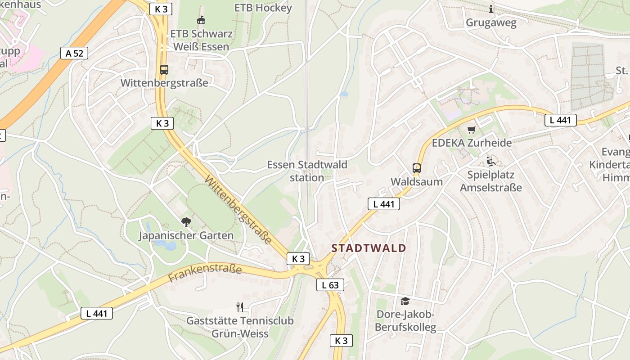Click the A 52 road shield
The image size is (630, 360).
(x=74, y=53)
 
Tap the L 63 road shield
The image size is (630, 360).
(x=330, y=285)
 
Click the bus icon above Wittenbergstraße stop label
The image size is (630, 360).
(x=164, y=70)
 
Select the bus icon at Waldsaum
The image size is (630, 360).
(x=417, y=168)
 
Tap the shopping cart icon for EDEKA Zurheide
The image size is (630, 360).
(x=471, y=130)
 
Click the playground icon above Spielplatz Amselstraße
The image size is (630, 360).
(x=490, y=161)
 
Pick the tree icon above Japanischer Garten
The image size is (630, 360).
(x=186, y=222)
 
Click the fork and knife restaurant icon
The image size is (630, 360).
(x=240, y=307)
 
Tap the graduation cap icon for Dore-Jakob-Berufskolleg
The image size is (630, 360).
(x=405, y=301)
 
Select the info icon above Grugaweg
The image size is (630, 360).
(x=491, y=9)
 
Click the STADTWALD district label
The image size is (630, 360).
(x=369, y=248)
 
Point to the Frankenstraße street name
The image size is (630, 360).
(x=205, y=273)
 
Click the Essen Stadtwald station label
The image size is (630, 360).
(x=307, y=171)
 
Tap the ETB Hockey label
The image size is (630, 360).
(x=263, y=8)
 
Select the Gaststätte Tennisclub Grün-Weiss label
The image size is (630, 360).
(x=240, y=327)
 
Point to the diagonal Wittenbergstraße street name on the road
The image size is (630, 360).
(x=238, y=210)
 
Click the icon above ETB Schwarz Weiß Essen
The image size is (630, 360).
(x=201, y=20)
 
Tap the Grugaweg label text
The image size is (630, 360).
(x=491, y=22)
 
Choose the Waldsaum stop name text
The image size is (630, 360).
(x=417, y=182)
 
